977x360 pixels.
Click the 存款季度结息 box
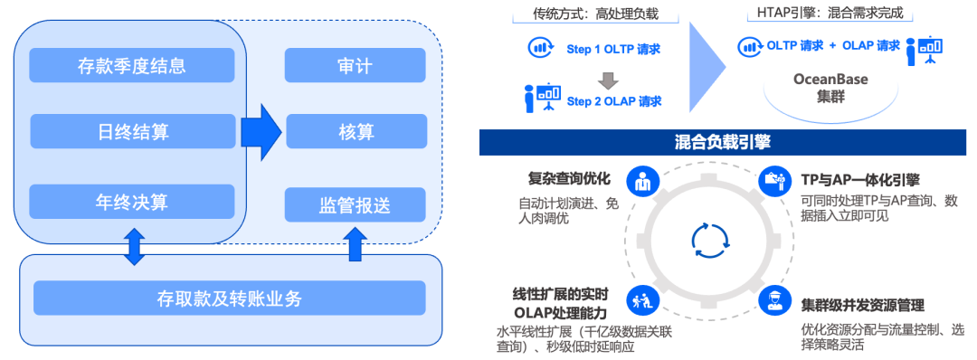click(132, 66)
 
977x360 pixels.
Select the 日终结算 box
click(132, 132)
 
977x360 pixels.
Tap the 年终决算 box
click(132, 201)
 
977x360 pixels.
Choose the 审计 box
click(356, 66)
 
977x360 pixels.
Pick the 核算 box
click(356, 132)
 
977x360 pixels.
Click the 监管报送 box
click(356, 205)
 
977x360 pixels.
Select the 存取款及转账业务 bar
click(229, 298)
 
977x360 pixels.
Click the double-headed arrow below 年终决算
click(134, 247)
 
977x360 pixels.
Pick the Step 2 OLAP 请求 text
click(613, 100)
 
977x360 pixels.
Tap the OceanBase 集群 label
click(830, 88)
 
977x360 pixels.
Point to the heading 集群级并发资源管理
click(862, 305)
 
